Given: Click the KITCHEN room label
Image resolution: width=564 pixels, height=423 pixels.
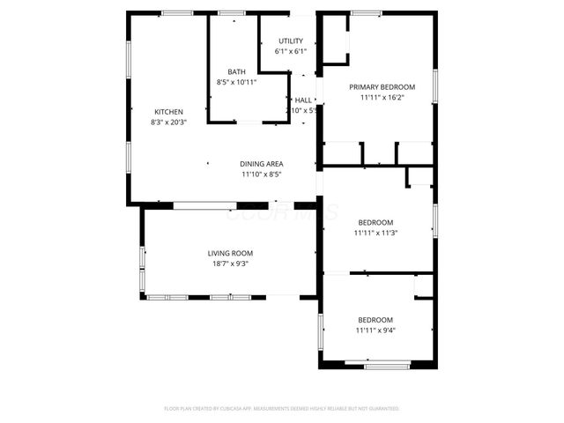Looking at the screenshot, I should (168, 112).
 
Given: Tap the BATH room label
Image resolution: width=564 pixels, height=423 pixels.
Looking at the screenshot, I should (236, 72).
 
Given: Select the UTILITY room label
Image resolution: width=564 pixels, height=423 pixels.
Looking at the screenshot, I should (291, 41).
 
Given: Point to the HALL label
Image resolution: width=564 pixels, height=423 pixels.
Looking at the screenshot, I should (304, 100).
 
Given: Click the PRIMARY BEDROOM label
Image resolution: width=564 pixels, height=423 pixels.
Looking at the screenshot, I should (382, 87).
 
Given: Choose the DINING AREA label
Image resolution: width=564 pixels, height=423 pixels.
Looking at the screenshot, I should (263, 164).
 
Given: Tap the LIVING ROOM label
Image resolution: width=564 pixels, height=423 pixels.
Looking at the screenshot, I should (229, 253).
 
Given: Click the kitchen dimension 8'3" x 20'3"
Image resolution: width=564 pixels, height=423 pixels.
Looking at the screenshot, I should (168, 122).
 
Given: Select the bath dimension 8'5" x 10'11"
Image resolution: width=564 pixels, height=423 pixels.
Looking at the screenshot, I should (236, 83).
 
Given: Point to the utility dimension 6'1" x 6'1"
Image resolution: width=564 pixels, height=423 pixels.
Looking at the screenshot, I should (291, 52).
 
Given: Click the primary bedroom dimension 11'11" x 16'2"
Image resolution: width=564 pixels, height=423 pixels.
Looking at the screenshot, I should (382, 98).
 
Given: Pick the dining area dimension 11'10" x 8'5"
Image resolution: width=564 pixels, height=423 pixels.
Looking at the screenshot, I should (263, 174).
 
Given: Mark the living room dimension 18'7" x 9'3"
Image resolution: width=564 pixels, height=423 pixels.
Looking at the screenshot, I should (229, 263).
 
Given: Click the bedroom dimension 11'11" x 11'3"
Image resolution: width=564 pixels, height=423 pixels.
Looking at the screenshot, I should (375, 234).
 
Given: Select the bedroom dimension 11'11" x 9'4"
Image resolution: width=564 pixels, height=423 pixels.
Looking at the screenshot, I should (375, 330).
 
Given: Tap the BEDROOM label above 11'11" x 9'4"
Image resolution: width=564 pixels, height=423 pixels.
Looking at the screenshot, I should (375, 319).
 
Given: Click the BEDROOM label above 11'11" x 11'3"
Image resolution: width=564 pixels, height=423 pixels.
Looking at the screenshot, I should (375, 222).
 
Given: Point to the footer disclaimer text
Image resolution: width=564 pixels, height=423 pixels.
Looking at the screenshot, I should (282, 409).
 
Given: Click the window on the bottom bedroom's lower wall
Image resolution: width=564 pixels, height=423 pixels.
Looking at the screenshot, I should (377, 364).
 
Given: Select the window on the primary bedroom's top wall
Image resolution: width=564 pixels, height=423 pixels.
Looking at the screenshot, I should (366, 12).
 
